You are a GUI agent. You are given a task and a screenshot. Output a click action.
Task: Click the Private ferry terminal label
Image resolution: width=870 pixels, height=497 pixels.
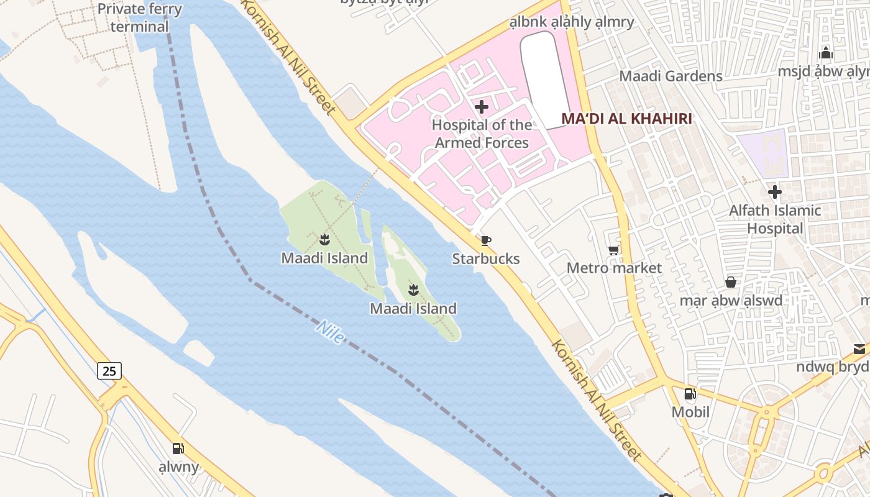coord(140,17)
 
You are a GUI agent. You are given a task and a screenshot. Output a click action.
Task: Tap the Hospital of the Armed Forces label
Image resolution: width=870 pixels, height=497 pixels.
coord(482,134)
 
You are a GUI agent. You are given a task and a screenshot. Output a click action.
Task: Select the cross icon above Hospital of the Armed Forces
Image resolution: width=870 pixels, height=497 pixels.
coord(482,107)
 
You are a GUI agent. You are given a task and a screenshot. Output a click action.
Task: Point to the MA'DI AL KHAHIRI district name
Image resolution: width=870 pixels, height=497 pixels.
coord(626,119)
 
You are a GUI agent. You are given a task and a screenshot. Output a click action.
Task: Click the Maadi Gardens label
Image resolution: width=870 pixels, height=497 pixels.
coord(671,76)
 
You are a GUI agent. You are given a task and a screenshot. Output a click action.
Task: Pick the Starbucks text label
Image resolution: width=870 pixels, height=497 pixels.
coord(486,258)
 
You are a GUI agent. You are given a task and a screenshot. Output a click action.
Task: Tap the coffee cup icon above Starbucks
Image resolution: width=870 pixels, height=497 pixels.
coord(486,240)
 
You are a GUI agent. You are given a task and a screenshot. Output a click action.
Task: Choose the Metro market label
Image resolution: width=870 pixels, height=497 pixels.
coord(614,268)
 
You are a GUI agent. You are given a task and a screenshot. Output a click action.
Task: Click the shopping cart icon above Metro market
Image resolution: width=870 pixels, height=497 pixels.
coord(614,250)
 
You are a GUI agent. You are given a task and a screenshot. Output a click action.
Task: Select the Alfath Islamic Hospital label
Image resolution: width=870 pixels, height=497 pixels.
coord(775,219)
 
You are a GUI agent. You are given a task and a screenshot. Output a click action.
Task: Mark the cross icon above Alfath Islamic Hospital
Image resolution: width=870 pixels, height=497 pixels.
coord(775,192)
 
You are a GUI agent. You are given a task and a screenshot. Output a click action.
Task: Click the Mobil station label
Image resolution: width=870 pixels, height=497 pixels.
coord(690,412)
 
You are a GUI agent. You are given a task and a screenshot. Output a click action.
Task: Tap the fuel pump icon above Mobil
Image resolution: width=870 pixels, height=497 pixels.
coord(690,394)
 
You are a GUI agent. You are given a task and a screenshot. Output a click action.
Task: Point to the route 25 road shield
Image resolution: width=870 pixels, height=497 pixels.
coord(109,371)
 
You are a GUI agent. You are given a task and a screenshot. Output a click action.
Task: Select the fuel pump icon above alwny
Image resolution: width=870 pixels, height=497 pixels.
coord(178,449)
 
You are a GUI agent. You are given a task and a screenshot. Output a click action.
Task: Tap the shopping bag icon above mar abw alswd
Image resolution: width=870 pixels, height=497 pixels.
coord(731,282)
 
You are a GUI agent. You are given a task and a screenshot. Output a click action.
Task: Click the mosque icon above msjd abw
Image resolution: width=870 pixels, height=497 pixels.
coord(826,53)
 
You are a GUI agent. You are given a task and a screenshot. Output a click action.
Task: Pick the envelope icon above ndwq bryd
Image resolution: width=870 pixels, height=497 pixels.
coord(859,349)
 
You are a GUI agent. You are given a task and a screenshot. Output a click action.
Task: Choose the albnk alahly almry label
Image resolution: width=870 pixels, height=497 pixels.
coord(572,22)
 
